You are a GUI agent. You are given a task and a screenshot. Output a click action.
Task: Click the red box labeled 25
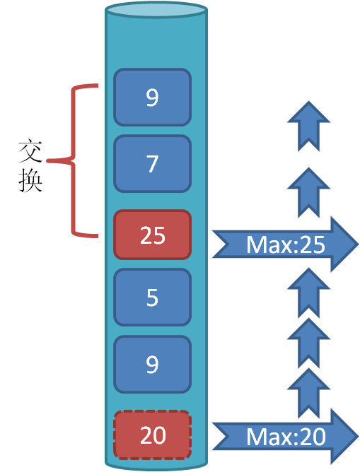pos(153,235)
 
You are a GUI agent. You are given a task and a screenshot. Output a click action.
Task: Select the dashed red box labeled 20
pos(153,435)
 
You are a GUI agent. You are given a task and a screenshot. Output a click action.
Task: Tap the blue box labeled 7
pos(153,164)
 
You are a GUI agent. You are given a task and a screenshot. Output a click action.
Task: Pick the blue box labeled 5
pos(153,297)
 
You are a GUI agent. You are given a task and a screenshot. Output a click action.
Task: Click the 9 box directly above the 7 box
pos(153,97)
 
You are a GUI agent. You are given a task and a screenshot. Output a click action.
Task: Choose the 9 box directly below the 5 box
pos(153,364)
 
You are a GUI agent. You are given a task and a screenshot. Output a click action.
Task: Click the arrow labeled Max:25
pos(285,244)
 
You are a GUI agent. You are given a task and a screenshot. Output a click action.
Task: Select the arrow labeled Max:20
pos(285,436)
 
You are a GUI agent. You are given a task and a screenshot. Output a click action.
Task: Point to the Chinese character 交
pos(30,151)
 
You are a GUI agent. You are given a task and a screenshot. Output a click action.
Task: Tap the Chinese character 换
pos(30,180)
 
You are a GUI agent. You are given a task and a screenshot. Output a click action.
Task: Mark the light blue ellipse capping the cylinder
pos(156,10)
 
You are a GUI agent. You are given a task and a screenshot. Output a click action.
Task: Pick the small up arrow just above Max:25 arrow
pos(308,193)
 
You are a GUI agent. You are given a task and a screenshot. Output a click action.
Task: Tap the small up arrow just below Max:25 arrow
pos(308,293)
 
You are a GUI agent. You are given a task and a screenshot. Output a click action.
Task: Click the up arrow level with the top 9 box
pos(308,126)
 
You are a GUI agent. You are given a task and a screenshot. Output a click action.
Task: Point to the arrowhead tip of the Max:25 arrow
pos(359,244)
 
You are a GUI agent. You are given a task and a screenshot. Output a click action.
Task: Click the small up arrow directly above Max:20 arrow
pos(308,393)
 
